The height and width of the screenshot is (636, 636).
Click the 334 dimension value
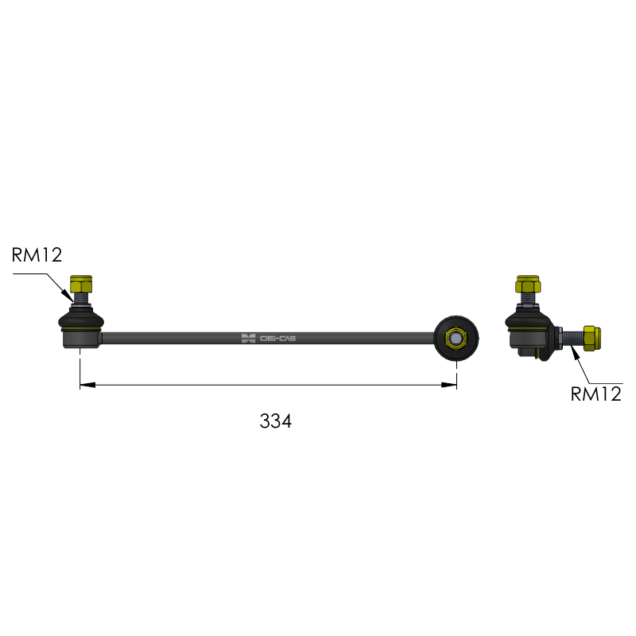click(x=275, y=421)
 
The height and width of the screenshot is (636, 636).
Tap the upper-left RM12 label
click(x=37, y=254)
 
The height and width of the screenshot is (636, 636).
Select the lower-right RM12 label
click(x=595, y=394)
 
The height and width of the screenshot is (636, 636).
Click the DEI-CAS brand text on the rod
click(x=277, y=339)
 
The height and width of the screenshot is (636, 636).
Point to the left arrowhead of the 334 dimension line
click(x=87, y=385)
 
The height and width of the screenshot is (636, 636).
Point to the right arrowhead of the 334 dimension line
click(x=449, y=385)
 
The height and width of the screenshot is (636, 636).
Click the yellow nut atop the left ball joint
click(x=81, y=284)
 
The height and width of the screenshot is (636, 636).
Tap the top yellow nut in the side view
click(x=528, y=284)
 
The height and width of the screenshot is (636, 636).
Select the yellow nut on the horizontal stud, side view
click(x=591, y=339)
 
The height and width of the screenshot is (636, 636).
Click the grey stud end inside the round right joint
click(x=456, y=338)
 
